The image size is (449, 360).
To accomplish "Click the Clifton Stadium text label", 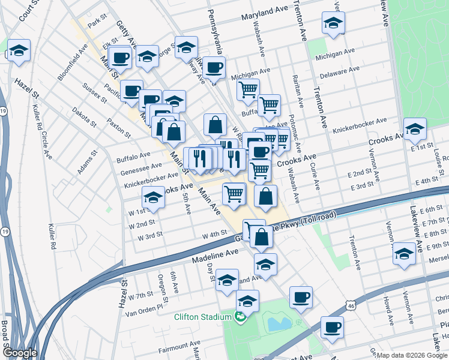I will point(203,317).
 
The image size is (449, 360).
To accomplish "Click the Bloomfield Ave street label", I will point(72,62).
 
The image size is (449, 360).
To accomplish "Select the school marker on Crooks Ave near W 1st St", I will point(154,197).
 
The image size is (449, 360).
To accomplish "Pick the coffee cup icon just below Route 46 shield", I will point(331,327).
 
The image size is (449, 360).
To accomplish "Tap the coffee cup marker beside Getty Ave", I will point(120,58).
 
